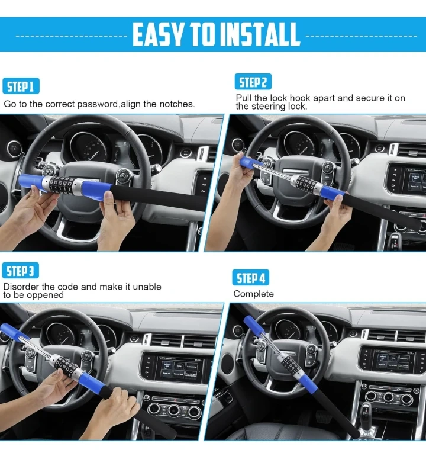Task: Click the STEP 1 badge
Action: pyautogui.click(x=21, y=86)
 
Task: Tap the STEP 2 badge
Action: pyautogui.click(x=253, y=82)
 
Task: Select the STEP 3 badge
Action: pyautogui.click(x=20, y=271)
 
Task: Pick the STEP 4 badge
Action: pyautogui.click(x=251, y=278)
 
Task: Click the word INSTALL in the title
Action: pyautogui.click(x=259, y=34)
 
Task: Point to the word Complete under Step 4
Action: pyautogui.click(x=253, y=294)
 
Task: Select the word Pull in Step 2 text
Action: pyautogui.click(x=244, y=98)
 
